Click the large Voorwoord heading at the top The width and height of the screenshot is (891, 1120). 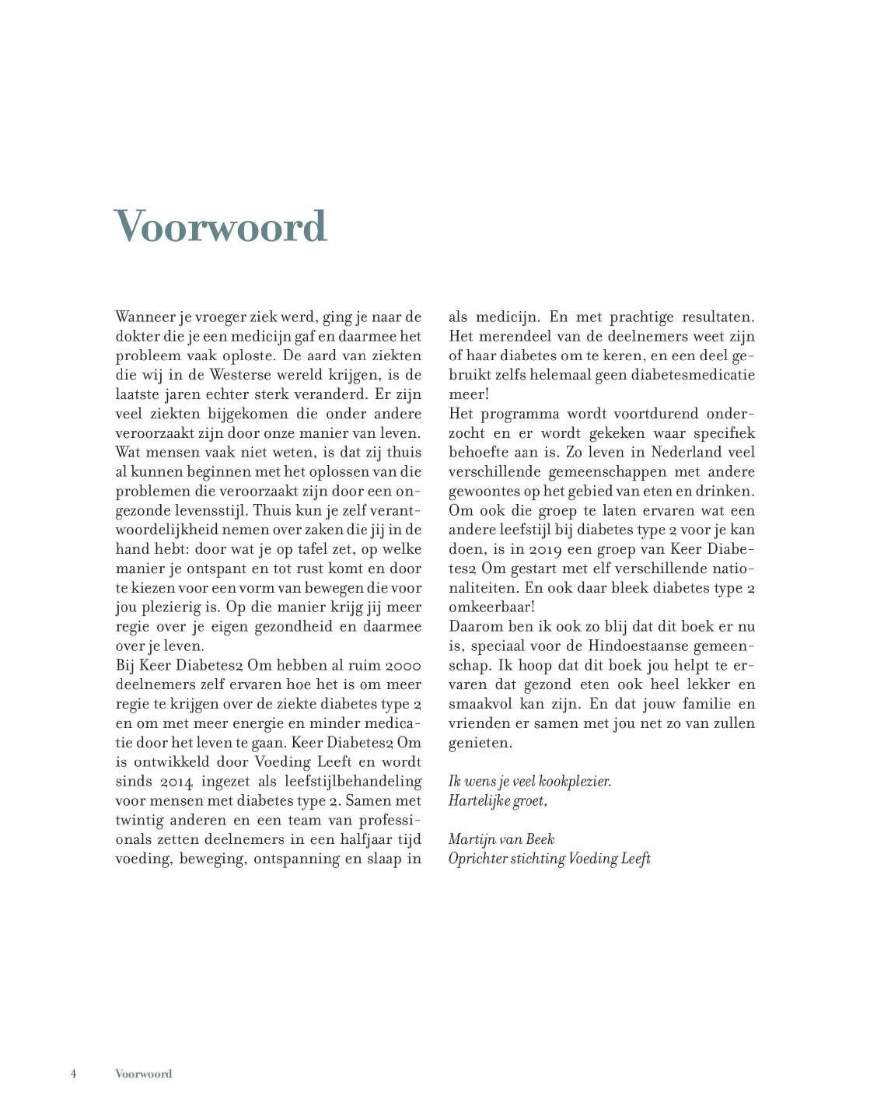click(220, 226)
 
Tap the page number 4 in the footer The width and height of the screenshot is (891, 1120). click(74, 1074)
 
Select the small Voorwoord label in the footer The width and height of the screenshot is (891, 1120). click(143, 1074)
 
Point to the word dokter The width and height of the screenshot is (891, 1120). click(137, 337)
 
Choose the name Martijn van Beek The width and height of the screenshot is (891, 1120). click(501, 839)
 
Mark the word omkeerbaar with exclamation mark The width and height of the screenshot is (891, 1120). click(491, 607)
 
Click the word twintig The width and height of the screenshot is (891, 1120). click(140, 821)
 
